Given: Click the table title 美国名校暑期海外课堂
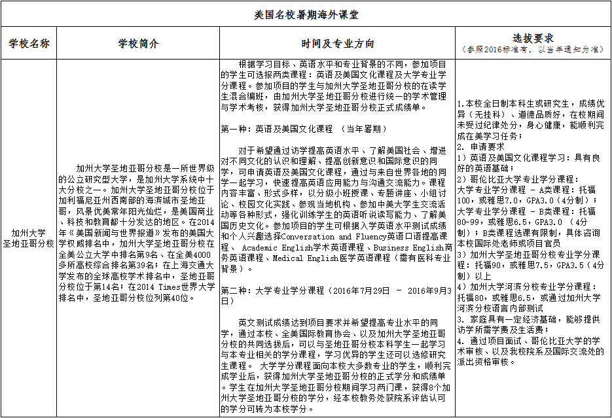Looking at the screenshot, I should [306, 13].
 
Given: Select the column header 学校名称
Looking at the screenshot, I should [29, 43].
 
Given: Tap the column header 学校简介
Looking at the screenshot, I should [138, 43].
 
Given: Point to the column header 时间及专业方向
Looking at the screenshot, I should [338, 43].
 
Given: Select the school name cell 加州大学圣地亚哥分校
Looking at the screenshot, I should [29, 237].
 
